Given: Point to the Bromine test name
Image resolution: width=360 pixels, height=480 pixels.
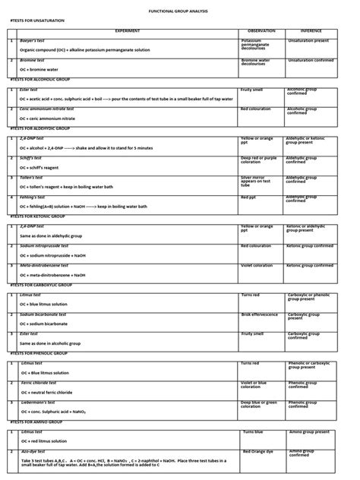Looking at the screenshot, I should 33,59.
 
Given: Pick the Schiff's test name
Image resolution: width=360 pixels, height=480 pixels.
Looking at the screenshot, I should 33,157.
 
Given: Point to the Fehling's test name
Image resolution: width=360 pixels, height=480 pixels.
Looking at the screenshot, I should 33,197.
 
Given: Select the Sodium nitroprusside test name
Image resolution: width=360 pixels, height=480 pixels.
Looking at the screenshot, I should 48,246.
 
